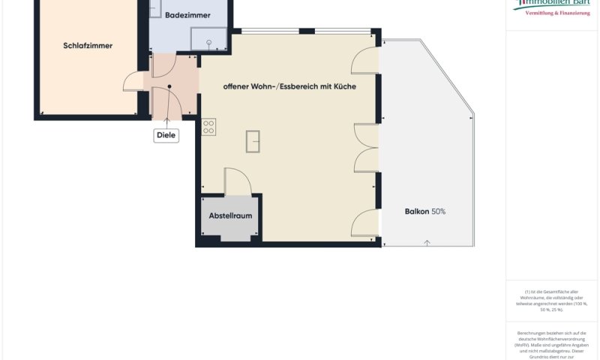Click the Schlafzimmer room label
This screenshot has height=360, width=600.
88,46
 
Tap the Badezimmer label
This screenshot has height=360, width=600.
187,15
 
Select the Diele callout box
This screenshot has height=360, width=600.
166,136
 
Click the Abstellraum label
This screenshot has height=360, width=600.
229,215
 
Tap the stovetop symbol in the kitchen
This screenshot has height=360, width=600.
208,127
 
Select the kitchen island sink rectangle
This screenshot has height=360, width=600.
253,140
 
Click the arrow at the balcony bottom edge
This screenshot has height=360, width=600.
427,241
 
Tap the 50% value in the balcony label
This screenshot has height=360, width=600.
438,211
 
